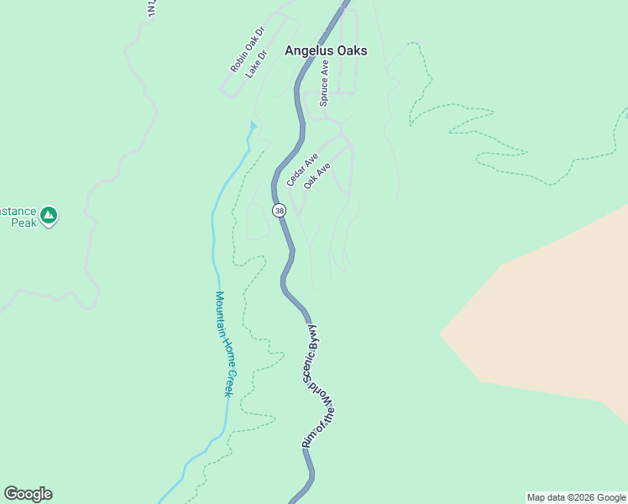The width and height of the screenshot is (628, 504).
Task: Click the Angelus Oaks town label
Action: click(x=326, y=50)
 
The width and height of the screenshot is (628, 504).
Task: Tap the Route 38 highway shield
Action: click(x=279, y=211)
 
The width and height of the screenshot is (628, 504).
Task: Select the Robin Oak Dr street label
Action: click(x=247, y=49)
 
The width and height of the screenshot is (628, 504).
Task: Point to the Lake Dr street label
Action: click(x=256, y=65)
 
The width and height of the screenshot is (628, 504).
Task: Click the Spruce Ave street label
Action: click(x=324, y=88)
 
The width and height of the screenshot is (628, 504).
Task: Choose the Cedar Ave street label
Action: click(x=302, y=170)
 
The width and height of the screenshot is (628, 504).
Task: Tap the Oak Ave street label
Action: click(x=317, y=176)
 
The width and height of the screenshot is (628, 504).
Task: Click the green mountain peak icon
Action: click(x=50, y=216)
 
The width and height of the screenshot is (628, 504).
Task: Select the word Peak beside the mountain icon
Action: click(x=24, y=223)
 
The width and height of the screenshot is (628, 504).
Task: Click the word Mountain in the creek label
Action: click(x=220, y=312)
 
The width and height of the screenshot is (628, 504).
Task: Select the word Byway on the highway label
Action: click(x=312, y=334)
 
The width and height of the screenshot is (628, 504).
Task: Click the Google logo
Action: click(x=28, y=494)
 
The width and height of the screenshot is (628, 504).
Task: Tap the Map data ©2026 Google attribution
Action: click(x=576, y=497)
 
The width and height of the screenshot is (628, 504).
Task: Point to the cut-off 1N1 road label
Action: click(x=151, y=8)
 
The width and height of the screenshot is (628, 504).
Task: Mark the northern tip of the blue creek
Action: click(x=252, y=125)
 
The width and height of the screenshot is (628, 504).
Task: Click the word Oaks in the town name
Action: click(x=350, y=50)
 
